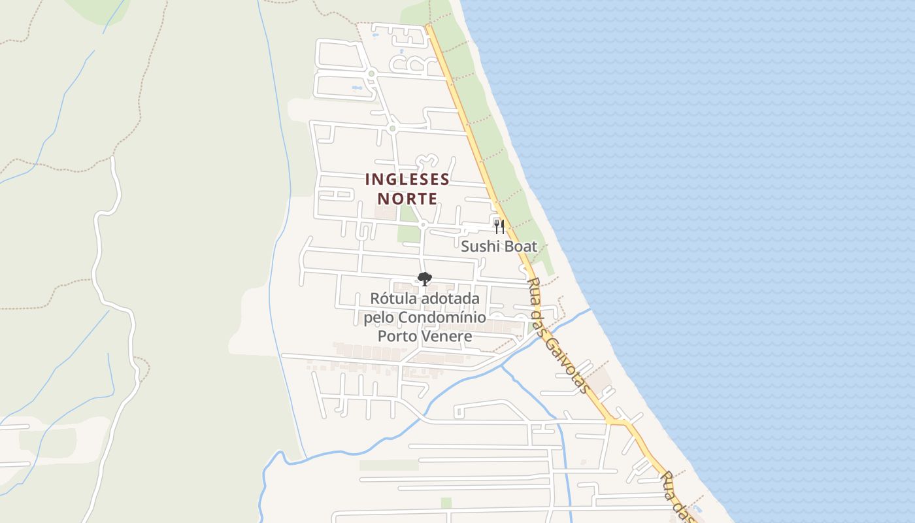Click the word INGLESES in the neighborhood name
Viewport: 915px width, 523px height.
point(407,179)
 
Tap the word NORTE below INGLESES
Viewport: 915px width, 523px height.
point(407,197)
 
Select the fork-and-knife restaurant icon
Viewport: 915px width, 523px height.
point(499,226)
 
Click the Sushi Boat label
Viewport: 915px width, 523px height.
point(499,246)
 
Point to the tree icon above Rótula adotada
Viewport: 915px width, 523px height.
point(424,279)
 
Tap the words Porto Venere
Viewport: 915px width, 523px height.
point(425,336)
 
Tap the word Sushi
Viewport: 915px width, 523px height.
point(479,246)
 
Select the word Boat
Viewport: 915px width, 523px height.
point(520,246)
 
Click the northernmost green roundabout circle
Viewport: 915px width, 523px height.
point(371,73)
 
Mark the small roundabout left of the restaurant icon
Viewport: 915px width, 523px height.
point(423,225)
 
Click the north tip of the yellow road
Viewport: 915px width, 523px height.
point(428,27)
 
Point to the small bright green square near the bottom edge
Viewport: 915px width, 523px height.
point(446,503)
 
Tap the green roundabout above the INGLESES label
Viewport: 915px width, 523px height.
point(392,129)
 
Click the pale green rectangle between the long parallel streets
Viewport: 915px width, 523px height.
point(388,465)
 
